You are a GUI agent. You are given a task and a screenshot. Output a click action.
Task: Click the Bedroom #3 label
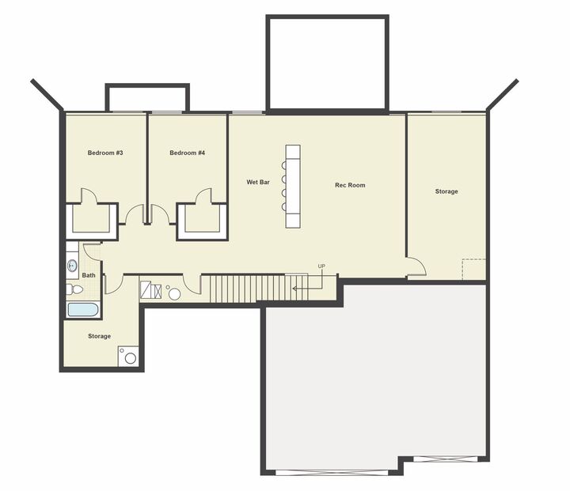[104, 153]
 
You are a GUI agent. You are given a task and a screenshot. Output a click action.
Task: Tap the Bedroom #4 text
[188, 153]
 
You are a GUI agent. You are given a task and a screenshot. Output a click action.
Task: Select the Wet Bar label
[258, 182]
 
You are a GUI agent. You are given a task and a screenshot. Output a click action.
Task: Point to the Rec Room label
[350, 185]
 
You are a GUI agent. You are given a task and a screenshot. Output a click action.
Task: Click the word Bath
[89, 275]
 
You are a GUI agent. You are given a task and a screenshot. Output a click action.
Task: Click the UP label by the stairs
[321, 266]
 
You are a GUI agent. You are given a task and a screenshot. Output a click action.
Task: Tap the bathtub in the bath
[83, 309]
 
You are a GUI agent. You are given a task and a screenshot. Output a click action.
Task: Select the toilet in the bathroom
[71, 289]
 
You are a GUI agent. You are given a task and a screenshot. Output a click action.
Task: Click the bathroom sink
[72, 265]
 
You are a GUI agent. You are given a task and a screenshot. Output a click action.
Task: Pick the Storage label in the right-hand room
[446, 191]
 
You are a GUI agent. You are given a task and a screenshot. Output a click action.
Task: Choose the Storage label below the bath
[100, 336]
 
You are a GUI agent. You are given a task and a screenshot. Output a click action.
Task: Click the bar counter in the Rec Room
[293, 185]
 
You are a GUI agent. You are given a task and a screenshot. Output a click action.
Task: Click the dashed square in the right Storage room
[473, 269]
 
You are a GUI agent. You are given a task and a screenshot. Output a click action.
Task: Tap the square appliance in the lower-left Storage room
[129, 357]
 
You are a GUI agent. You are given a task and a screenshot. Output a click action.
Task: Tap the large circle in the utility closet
[174, 294]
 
